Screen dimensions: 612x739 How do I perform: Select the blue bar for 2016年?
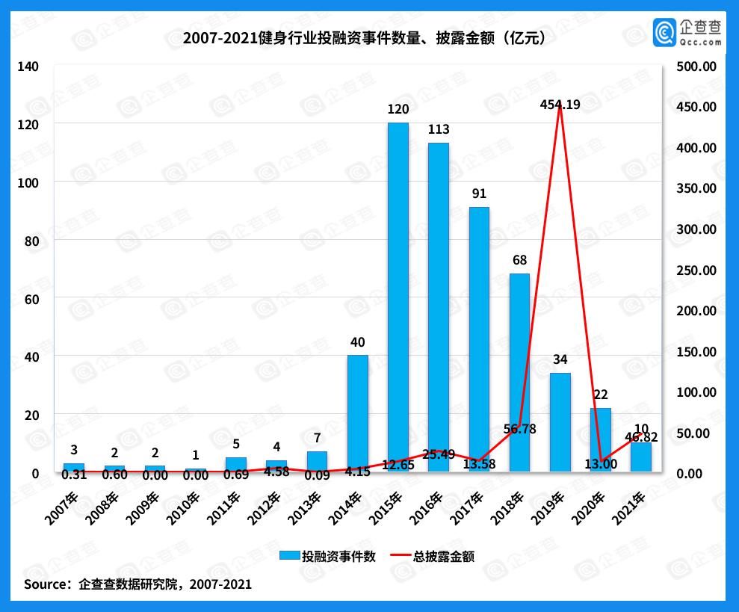tap(438, 306)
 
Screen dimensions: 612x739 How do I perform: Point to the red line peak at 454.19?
tap(560, 107)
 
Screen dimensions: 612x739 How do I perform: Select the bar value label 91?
tap(478, 194)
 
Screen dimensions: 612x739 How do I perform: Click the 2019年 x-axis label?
tap(560, 505)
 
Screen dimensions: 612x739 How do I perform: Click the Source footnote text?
tap(137, 584)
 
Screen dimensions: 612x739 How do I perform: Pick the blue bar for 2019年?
tap(560, 422)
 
